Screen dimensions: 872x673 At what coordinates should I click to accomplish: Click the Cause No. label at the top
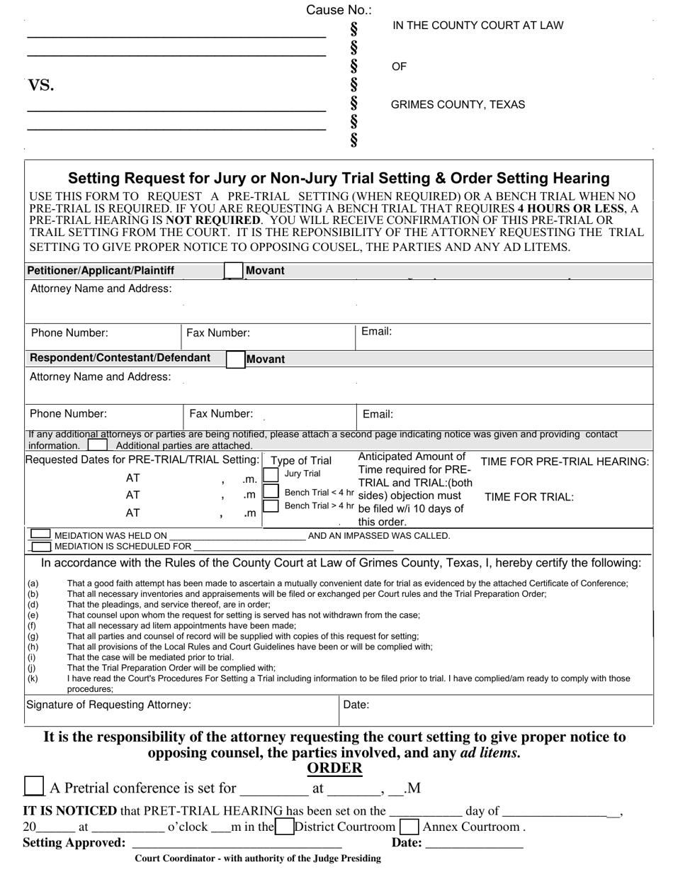click(x=339, y=10)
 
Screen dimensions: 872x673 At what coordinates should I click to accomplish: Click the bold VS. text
click(x=41, y=86)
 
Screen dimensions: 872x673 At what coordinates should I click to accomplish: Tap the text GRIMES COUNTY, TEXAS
click(x=458, y=105)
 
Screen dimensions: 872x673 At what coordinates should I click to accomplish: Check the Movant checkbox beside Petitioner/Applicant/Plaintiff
click(x=233, y=271)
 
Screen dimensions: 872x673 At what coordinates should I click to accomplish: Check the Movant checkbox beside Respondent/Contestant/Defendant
click(x=236, y=359)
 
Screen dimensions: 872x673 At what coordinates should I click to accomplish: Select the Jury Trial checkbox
click(x=271, y=474)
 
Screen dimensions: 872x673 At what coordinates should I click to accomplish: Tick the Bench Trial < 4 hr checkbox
click(x=271, y=491)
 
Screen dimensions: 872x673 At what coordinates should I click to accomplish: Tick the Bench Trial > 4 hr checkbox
click(x=271, y=506)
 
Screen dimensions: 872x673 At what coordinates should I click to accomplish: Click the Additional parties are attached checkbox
click(x=98, y=445)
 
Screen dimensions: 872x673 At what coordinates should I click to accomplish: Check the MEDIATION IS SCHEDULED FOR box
click(x=42, y=547)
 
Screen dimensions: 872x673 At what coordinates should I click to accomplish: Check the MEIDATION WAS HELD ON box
click(x=41, y=535)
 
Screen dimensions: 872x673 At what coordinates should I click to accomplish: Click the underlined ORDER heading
click(x=334, y=768)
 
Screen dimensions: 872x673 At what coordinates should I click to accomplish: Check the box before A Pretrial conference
click(x=33, y=787)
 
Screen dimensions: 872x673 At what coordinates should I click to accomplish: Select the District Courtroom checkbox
click(x=284, y=827)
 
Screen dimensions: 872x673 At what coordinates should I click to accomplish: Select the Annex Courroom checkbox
click(x=409, y=827)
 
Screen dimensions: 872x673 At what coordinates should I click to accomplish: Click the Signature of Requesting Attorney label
click(x=108, y=705)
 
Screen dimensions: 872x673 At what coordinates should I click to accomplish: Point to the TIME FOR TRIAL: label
click(x=528, y=497)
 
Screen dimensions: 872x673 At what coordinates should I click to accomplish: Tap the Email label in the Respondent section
click(x=378, y=415)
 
